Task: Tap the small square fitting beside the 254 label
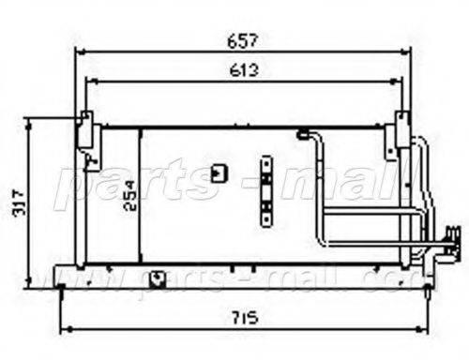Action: point(220,173)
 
